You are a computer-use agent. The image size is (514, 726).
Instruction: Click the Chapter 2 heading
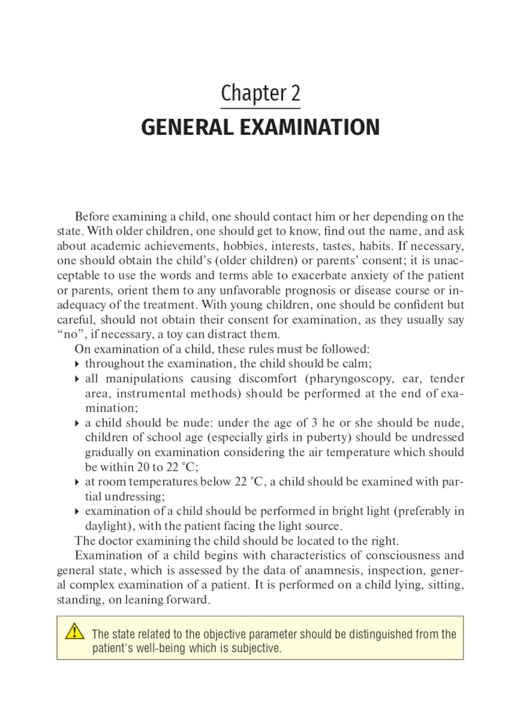pyautogui.click(x=260, y=94)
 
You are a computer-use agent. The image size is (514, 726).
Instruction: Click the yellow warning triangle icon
pyautogui.click(x=75, y=631)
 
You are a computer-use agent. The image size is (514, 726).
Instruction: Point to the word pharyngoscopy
pyautogui.click(x=352, y=379)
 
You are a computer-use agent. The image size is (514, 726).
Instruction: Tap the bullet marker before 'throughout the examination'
pyautogui.click(x=77, y=364)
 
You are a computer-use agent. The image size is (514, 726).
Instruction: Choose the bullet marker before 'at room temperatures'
pyautogui.click(x=77, y=482)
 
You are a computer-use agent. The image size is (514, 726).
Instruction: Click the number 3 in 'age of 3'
pyautogui.click(x=314, y=423)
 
